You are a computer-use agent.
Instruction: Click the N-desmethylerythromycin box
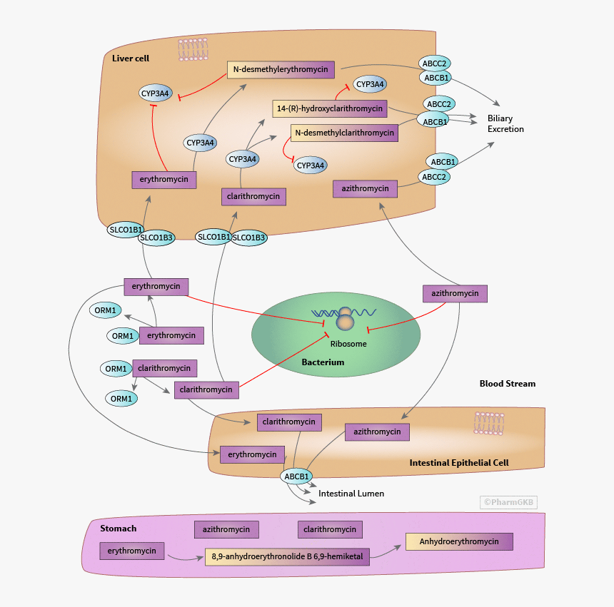(x=282, y=69)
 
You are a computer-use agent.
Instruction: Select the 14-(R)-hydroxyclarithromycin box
(x=329, y=108)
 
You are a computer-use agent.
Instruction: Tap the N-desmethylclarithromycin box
(x=344, y=133)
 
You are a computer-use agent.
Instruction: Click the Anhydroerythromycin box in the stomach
(x=459, y=541)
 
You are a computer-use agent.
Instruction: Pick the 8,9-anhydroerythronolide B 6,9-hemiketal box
(x=287, y=556)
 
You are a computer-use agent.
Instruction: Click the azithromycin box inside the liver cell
(x=365, y=189)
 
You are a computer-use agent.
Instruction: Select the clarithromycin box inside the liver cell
(x=254, y=196)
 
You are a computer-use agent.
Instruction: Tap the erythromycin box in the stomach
(x=132, y=551)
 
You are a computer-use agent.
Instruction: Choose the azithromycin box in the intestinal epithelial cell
(x=377, y=432)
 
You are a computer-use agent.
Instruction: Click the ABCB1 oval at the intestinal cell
(x=297, y=476)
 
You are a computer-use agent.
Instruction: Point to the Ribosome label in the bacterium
(x=348, y=344)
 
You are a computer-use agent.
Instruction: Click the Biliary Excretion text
(x=505, y=124)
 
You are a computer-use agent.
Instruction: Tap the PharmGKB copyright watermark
(x=508, y=502)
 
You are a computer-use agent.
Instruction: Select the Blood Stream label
(x=507, y=384)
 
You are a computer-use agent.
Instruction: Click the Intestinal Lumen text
(x=351, y=494)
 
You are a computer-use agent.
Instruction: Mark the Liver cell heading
(x=131, y=58)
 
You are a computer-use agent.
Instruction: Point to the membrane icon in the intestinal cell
(x=489, y=423)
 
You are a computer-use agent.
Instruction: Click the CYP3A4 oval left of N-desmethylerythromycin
(x=155, y=93)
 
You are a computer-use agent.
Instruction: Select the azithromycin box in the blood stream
(x=455, y=293)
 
